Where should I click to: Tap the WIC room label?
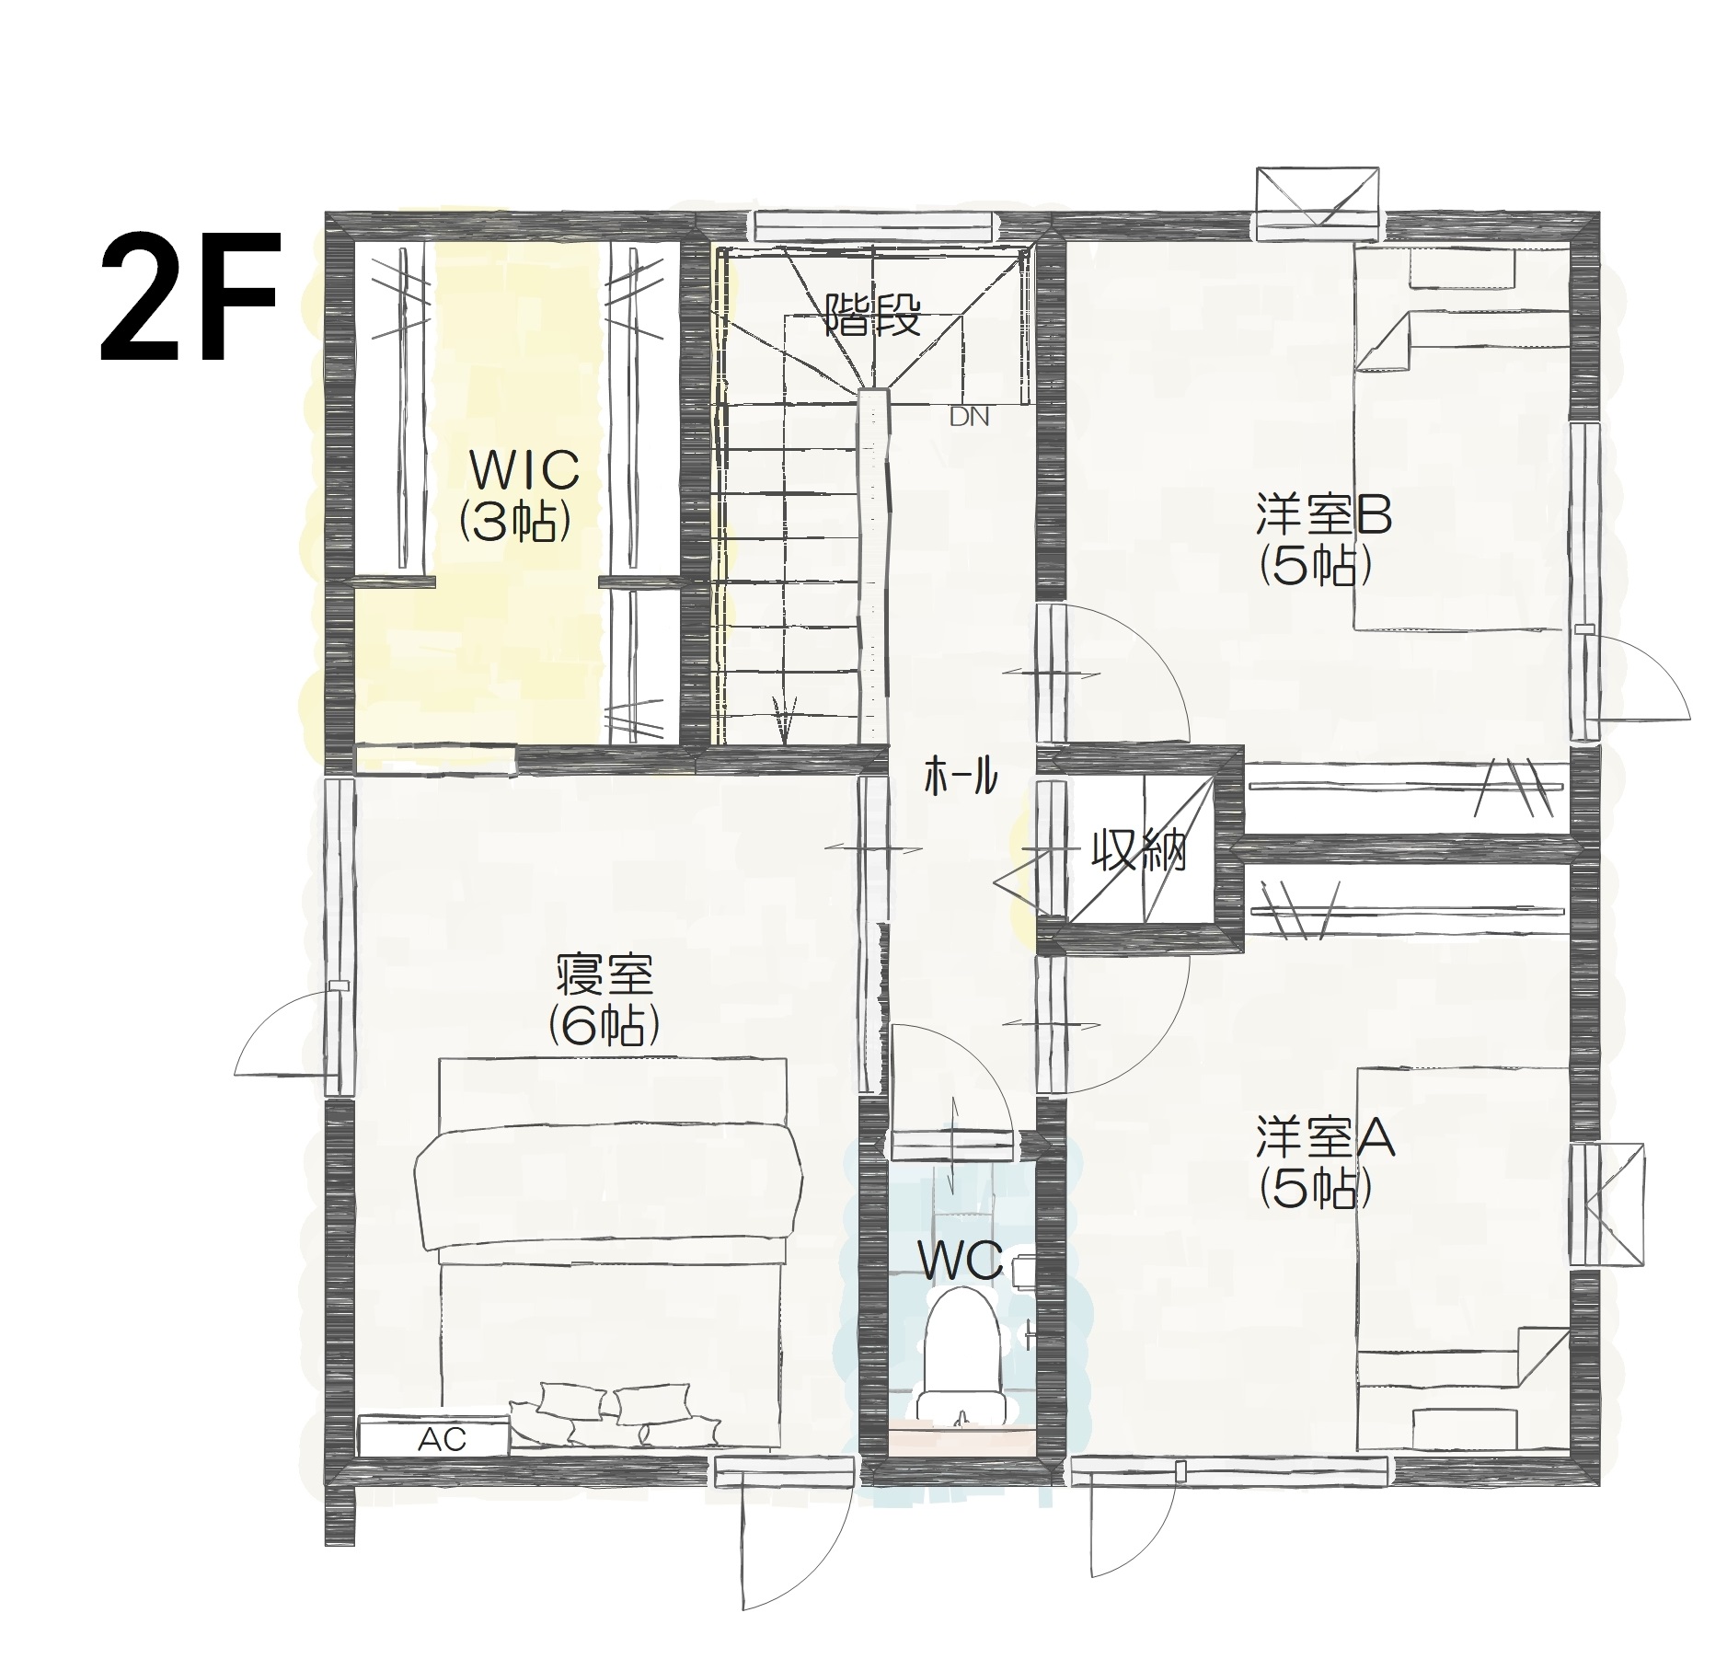(x=524, y=469)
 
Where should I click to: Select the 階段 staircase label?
(x=872, y=315)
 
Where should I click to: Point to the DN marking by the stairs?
(x=969, y=417)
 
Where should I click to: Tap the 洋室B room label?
(x=1324, y=516)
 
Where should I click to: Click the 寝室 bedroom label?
(x=604, y=975)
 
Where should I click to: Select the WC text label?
(x=961, y=1263)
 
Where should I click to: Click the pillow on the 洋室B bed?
(x=1462, y=270)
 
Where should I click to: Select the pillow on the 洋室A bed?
(x=1464, y=1427)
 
